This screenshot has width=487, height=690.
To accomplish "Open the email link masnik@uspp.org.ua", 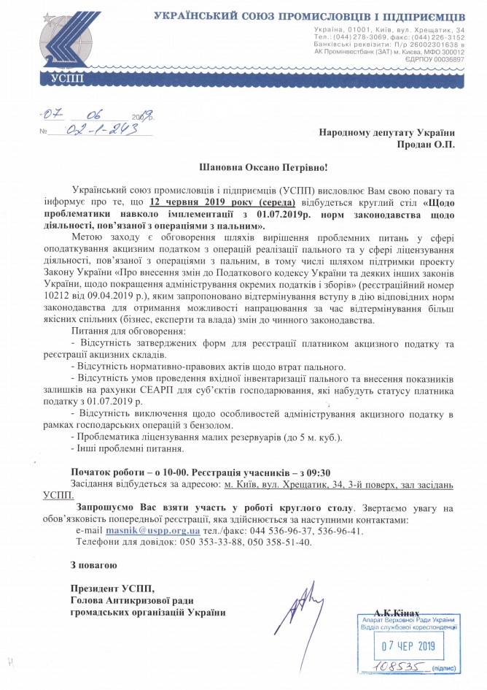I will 152,531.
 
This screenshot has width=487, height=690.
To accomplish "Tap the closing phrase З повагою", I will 93,564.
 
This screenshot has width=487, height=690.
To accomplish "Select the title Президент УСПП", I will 113,588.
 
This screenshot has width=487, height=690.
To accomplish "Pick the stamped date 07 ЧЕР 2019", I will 408,646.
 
